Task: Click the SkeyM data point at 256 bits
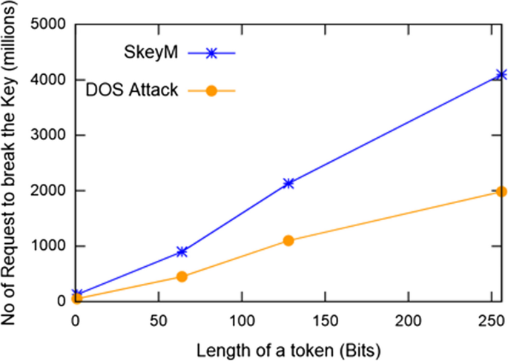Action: tap(501, 74)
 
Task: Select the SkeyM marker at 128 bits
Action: tap(288, 183)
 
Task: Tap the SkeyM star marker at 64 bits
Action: tap(182, 252)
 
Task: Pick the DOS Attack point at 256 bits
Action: tap(501, 191)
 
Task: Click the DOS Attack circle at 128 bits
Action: tap(288, 240)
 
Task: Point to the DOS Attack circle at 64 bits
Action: tap(182, 276)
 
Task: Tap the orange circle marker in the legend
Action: tap(211, 90)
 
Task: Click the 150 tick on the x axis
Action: tap(325, 320)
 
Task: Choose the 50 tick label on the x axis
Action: tap(158, 320)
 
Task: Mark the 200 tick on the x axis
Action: tap(409, 320)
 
